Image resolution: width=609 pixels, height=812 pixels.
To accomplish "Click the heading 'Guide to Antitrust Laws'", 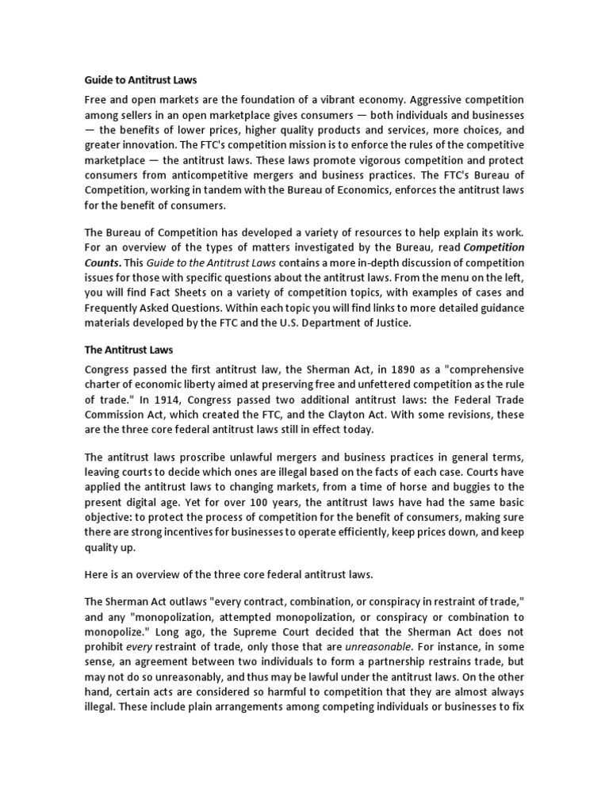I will (x=140, y=80).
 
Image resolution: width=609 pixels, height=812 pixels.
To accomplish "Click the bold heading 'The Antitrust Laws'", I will (x=128, y=350).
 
